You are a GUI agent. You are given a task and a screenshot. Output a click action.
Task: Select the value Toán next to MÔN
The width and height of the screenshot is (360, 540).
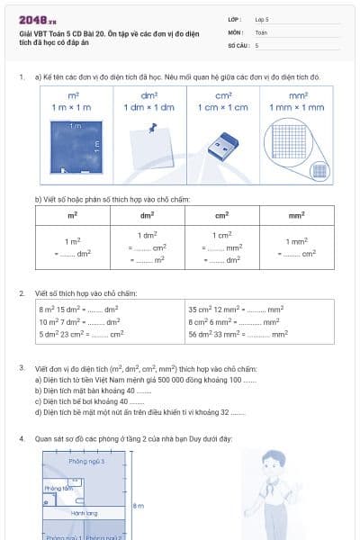click(261, 31)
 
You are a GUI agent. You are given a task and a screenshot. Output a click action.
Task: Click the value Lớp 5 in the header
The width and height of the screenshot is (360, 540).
click(262, 19)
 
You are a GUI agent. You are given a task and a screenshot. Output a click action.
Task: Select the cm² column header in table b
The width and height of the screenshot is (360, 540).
click(222, 216)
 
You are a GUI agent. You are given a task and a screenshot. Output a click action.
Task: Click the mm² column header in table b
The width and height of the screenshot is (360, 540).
click(297, 216)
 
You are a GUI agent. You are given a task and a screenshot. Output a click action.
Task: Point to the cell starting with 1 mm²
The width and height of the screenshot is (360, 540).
click(297, 247)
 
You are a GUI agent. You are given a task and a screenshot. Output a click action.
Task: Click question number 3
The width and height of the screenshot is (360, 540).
click(22, 368)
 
